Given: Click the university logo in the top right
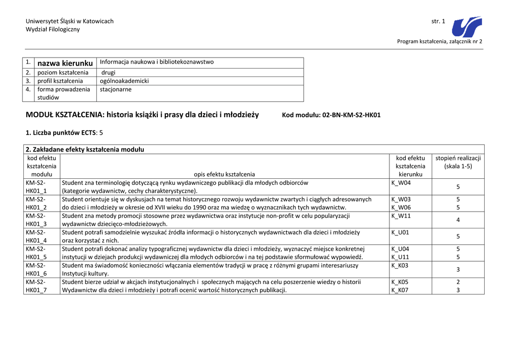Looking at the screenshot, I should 467,27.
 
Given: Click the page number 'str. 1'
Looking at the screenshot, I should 438,21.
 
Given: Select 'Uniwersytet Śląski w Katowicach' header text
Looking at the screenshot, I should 69,21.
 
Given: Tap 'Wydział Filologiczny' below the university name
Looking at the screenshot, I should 53,29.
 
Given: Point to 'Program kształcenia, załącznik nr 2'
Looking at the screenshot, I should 440,41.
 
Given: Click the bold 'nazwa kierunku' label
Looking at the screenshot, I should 65,63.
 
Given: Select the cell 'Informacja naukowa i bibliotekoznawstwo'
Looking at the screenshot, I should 157,62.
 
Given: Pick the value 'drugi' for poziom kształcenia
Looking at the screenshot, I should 108,72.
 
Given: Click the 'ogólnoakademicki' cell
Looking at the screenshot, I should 124,81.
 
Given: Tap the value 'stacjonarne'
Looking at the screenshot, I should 116,89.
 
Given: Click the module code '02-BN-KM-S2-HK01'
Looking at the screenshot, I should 351,115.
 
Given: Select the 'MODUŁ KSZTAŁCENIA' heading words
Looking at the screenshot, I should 64,115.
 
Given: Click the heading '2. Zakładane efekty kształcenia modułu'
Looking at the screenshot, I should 85,149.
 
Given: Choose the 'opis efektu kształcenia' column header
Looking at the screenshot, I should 224,174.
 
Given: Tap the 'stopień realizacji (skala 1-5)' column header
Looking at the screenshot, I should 458,162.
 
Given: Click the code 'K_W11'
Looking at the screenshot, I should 401,216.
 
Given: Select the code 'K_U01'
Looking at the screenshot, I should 400,232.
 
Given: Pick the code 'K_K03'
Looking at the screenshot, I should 400,266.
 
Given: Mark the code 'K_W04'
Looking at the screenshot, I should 401,183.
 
